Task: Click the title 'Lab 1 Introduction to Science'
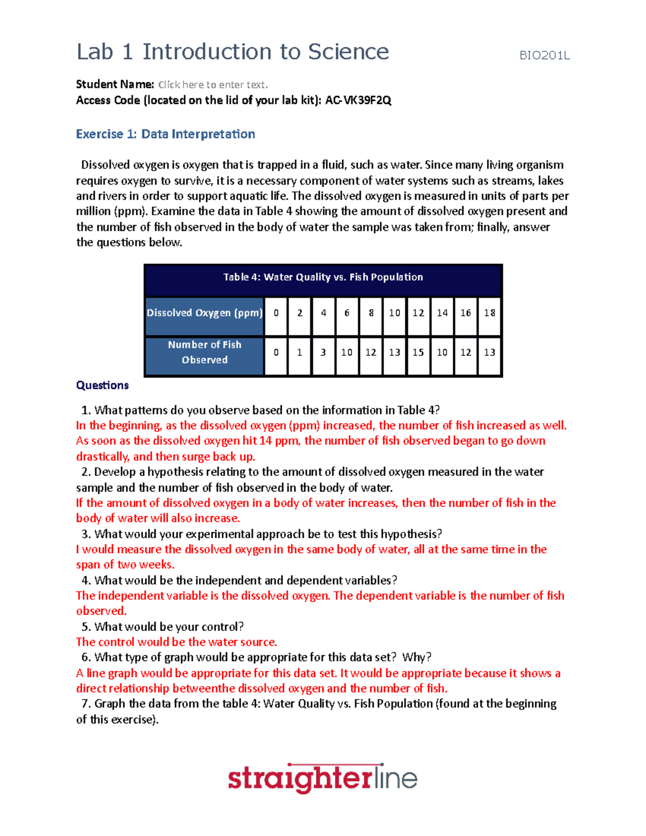coord(233,52)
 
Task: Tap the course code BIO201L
coord(544,55)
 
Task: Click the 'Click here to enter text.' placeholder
coord(213,85)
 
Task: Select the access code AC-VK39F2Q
coord(358,100)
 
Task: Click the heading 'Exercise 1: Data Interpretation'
coord(165,134)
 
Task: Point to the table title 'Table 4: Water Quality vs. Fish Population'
coord(323,277)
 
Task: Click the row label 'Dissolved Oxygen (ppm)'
coord(205,313)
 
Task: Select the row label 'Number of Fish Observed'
coord(205,352)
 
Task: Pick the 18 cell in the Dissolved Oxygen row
coord(489,313)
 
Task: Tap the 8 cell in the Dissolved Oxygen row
coord(371,313)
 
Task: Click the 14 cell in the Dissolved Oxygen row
coord(442,313)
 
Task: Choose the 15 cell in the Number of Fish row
coord(418,352)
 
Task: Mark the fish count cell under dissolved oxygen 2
coord(300,352)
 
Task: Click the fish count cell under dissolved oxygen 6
coord(347,352)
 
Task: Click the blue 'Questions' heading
coord(102,385)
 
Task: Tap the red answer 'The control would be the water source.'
coord(177,642)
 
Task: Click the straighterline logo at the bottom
coord(322,778)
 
